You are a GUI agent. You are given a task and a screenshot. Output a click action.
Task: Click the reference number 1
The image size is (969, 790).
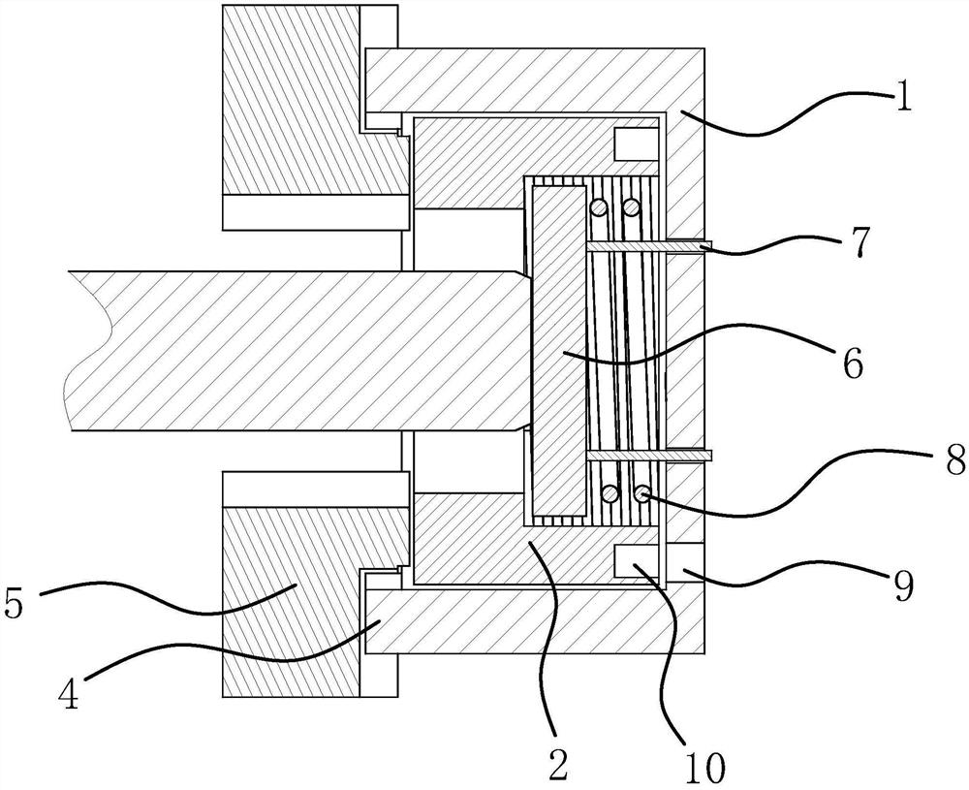tap(902, 98)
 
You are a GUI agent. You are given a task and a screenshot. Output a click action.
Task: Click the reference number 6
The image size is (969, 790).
tap(853, 363)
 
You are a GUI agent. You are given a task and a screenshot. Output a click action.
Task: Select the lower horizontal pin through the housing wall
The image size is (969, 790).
tap(649, 454)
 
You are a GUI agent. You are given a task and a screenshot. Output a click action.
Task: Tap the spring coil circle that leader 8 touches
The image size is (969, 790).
tap(641, 494)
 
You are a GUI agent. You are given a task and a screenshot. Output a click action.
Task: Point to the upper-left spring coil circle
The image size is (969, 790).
tap(601, 207)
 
